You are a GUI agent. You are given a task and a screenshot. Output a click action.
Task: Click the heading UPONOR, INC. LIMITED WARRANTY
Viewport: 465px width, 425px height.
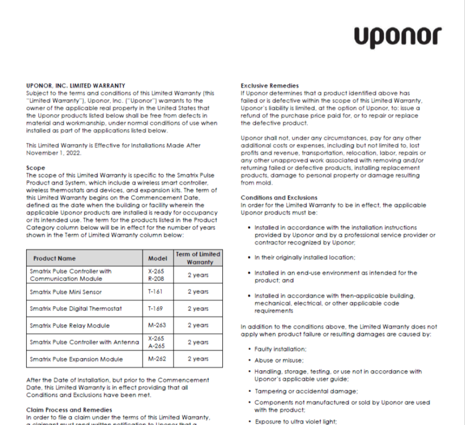tap(76, 86)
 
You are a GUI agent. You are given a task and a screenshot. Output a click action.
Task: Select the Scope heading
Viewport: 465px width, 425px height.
tap(36, 168)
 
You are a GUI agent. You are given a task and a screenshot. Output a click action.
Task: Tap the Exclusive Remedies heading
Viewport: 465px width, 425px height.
tap(270, 86)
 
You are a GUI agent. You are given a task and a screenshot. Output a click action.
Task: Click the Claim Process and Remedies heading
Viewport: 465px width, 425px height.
tap(69, 410)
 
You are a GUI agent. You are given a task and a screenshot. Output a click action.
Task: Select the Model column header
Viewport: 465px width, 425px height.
tap(157, 258)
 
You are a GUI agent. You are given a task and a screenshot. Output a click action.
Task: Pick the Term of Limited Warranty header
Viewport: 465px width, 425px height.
tap(198, 258)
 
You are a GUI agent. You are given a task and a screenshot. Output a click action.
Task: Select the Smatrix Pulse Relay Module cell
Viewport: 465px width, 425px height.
tap(69, 326)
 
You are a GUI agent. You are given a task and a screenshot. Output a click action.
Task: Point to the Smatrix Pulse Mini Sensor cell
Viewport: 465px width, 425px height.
tap(66, 292)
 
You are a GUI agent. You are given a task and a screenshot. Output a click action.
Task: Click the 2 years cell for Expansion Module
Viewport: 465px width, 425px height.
tap(198, 359)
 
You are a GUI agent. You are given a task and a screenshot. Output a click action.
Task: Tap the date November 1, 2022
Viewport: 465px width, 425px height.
tap(52, 152)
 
